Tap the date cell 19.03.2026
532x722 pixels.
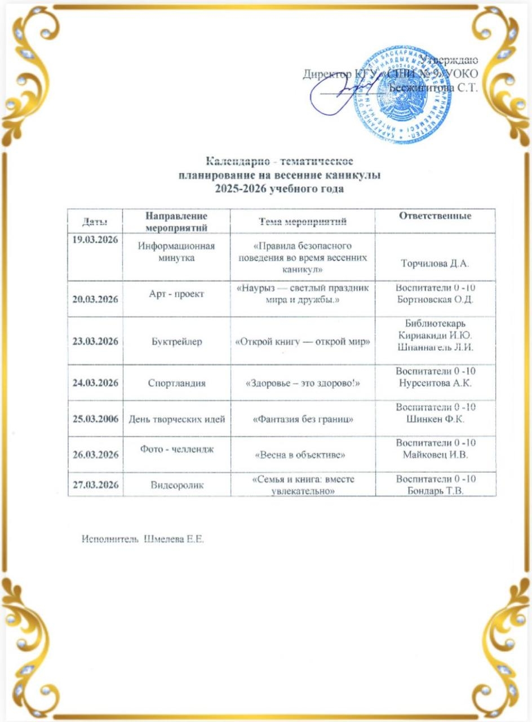95,240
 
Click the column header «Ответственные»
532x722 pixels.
435,216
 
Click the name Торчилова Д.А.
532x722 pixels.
435,263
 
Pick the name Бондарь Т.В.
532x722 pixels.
435,490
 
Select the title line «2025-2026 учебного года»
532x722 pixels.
280,188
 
